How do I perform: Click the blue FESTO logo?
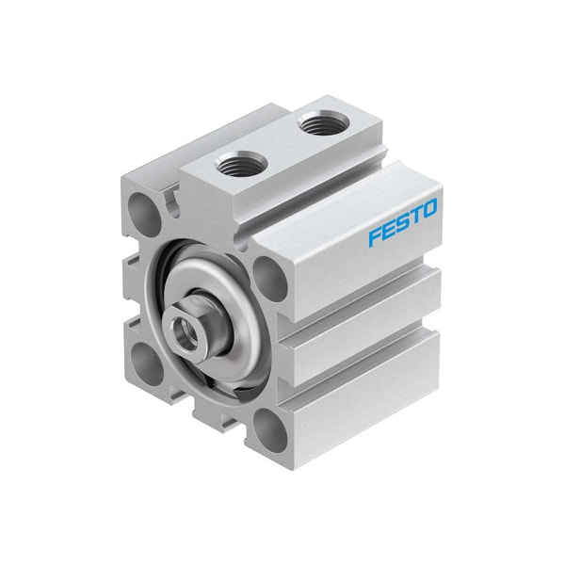[403, 222]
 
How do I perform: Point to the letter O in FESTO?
[429, 209]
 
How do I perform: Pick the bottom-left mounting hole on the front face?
[147, 363]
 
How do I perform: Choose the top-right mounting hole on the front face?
[270, 280]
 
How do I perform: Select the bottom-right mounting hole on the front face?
[270, 431]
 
